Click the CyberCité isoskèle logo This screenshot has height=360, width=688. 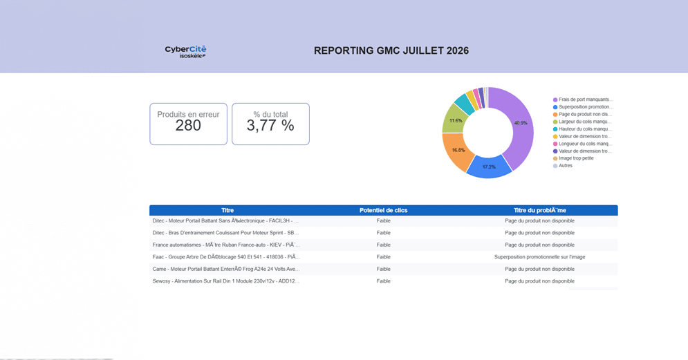pos(185,51)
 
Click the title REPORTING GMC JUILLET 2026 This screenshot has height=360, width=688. pos(391,51)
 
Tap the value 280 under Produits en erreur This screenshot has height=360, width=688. pos(188,125)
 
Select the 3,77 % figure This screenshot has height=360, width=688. pos(270,125)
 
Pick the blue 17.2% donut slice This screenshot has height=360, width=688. pos(489,167)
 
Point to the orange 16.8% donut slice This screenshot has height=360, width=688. pos(456,151)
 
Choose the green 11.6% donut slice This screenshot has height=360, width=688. pos(454,120)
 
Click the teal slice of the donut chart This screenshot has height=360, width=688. pos(464,104)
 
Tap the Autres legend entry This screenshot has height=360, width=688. pos(563,166)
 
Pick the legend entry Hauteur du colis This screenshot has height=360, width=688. pos(582,129)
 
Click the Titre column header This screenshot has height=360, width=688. pos(227,211)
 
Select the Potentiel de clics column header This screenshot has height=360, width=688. pos(384,211)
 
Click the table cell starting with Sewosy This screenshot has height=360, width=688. pos(226,281)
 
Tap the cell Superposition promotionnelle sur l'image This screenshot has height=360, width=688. pos(540,257)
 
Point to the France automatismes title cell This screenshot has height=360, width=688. pos(226,245)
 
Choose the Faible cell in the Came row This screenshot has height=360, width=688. pos(384,269)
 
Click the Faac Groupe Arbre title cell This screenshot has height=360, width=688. pos(226,257)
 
